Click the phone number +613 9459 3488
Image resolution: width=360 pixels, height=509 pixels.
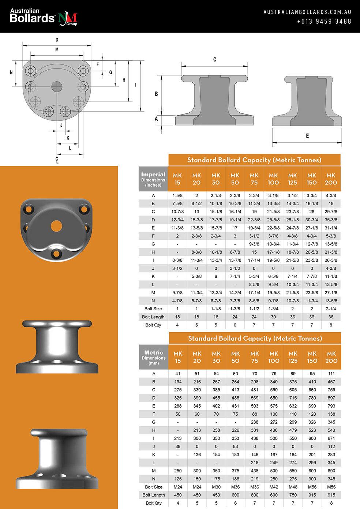[324, 21]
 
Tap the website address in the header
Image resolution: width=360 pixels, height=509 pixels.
[307, 12]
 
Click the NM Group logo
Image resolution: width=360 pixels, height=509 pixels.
[68, 19]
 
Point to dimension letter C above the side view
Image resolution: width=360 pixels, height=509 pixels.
[215, 60]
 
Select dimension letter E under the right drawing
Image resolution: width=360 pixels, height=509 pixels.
[307, 136]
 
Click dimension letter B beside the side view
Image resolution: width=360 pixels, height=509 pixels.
[156, 94]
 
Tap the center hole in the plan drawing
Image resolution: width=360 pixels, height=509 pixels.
[57, 87]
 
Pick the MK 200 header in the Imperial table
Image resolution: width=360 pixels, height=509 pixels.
[331, 179]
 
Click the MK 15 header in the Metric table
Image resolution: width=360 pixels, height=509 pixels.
[178, 357]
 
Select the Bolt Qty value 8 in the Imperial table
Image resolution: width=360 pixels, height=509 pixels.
[331, 325]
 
